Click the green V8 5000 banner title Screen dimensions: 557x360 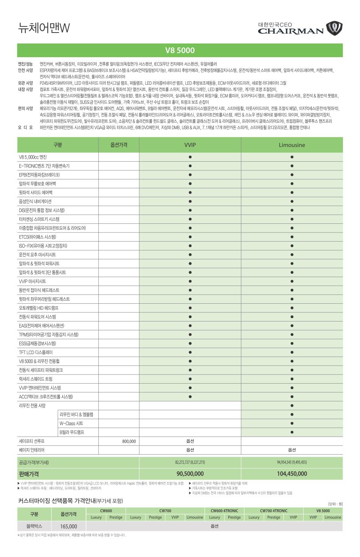180,50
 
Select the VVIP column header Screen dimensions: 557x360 190,145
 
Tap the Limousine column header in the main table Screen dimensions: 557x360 291,145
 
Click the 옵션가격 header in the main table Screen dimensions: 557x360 119,145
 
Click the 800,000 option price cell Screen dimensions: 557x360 129,441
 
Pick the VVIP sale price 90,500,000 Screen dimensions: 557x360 190,474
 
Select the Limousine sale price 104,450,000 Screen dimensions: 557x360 292,474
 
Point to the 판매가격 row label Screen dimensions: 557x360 29,474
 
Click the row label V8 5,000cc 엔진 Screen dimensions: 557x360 33,157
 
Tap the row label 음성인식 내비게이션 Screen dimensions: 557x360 35,201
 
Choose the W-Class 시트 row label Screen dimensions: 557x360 71,423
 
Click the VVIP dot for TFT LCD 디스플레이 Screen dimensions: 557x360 190,353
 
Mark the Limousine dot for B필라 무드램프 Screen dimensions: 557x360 292,432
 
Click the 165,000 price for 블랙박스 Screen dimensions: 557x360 69,526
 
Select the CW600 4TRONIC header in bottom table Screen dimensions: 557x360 224,511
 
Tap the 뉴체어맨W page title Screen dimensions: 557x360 44,28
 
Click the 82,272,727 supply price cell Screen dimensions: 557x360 190,462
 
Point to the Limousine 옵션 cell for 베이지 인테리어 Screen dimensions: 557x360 292,450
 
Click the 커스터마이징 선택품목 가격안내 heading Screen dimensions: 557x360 71,501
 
